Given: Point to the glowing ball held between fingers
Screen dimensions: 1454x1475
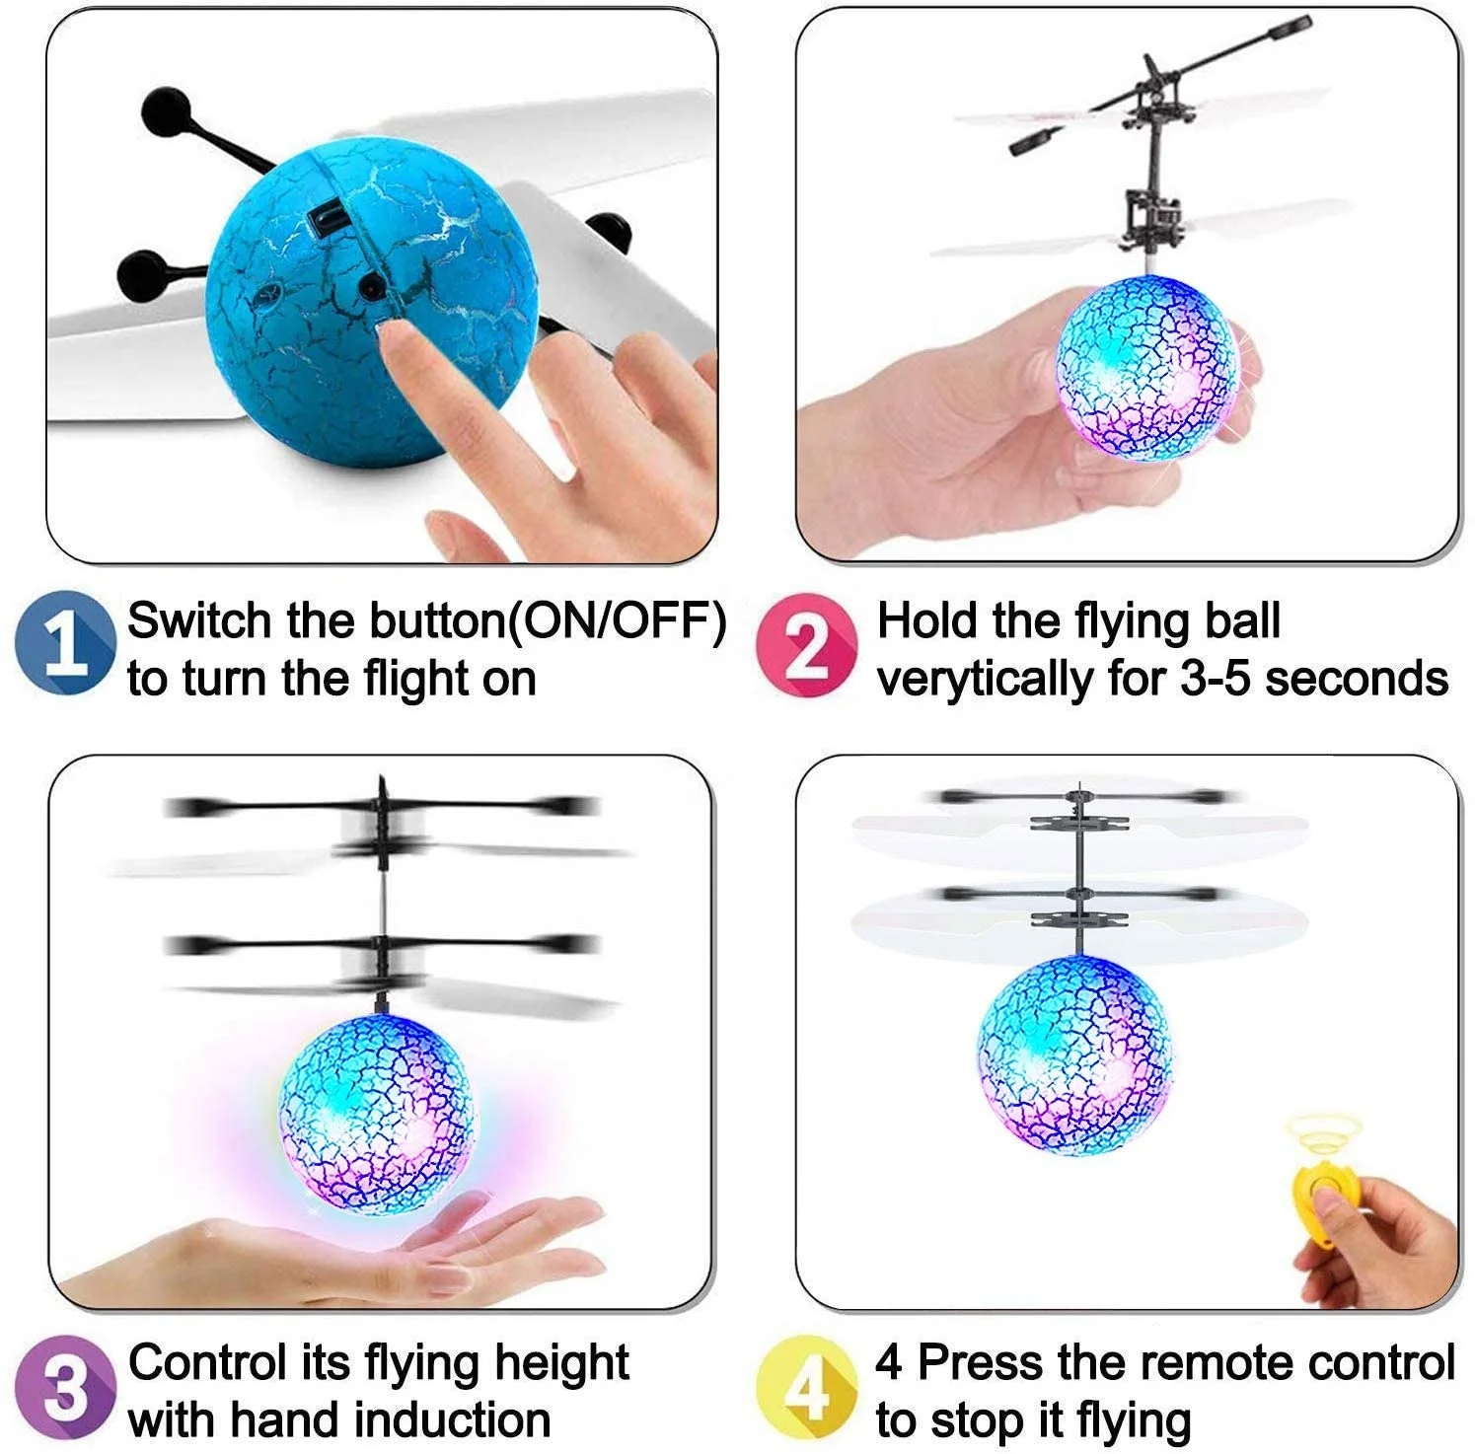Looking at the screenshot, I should [x=1145, y=369].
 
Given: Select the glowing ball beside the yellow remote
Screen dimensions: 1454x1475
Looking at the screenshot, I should [x=1074, y=1054].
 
